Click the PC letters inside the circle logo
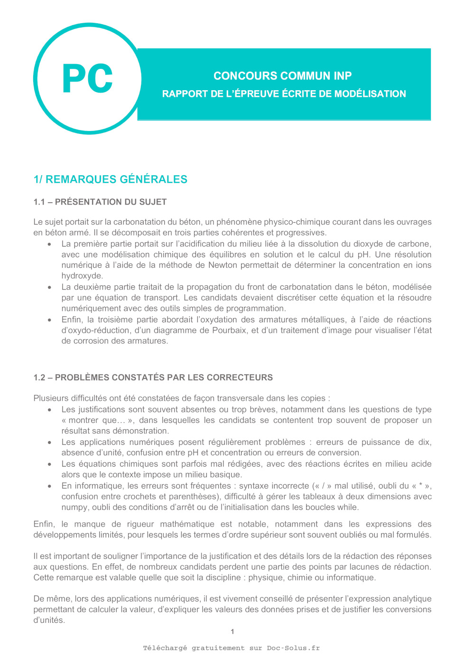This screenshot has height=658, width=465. tap(88, 78)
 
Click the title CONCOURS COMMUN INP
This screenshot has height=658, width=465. tap(282, 76)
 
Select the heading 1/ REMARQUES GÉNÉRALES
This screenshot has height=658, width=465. tap(110, 179)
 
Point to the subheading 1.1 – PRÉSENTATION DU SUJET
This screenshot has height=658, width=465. tap(100, 202)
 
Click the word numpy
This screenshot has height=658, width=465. tap(74, 507)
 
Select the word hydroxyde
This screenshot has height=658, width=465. tap(82, 276)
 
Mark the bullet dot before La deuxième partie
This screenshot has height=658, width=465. tap(49, 287)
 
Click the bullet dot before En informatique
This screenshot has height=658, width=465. tap(49, 486)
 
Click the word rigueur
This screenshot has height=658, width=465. tap(140, 524)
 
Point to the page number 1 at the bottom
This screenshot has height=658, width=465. tap(232, 631)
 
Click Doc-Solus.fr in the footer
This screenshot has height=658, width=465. tap(293, 648)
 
